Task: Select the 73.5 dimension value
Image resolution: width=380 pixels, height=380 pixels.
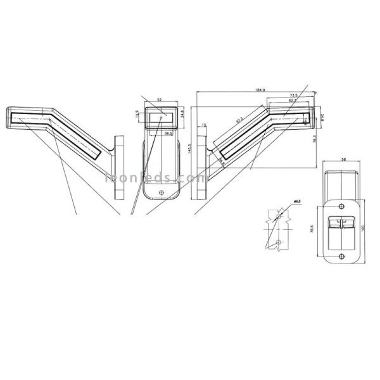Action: point(294,95)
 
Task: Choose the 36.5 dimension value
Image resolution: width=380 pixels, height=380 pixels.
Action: point(168,134)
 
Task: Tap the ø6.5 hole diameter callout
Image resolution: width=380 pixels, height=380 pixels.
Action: point(295,202)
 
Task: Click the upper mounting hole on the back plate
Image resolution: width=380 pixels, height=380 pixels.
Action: point(341,205)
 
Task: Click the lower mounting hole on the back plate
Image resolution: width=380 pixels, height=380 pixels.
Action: point(341,255)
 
